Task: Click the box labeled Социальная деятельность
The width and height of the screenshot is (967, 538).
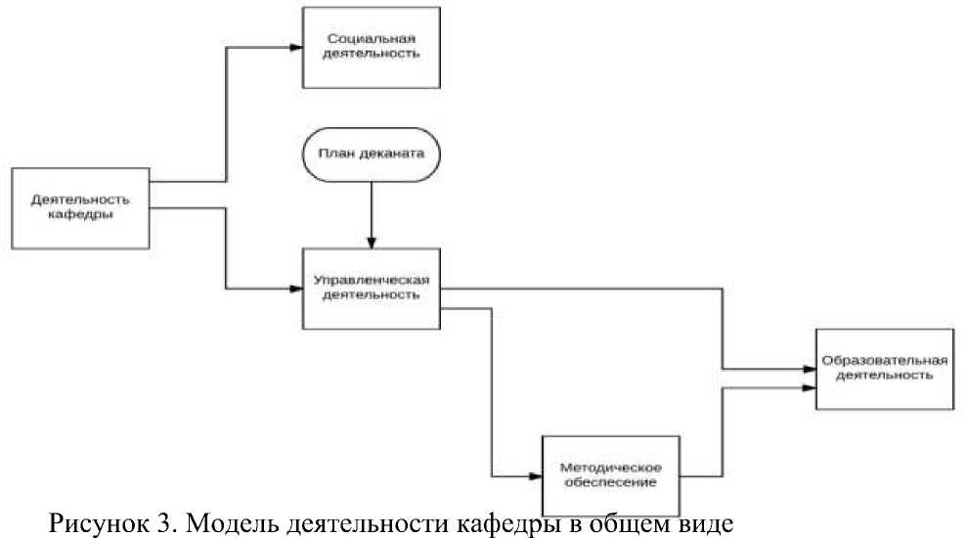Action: point(372,48)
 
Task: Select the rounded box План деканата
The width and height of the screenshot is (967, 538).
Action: point(372,155)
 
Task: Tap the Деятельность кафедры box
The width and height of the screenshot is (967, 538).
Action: point(80,208)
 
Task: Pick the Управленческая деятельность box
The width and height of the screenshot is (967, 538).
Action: point(372,289)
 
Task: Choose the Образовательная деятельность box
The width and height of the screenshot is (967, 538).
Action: point(885,369)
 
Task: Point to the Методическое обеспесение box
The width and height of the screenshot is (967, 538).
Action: point(611,475)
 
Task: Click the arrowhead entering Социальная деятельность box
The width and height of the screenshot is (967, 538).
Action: point(296,48)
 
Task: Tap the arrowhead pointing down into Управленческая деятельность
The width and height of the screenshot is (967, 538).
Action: point(372,243)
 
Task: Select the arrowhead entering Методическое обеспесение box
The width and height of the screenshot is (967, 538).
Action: point(535,476)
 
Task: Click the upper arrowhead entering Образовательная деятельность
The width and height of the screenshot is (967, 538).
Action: point(810,369)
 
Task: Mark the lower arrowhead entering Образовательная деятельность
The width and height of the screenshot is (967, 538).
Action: point(810,388)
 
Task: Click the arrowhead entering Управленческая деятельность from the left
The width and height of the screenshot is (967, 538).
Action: point(296,289)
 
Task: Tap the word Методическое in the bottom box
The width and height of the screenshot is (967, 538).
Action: point(610,468)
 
